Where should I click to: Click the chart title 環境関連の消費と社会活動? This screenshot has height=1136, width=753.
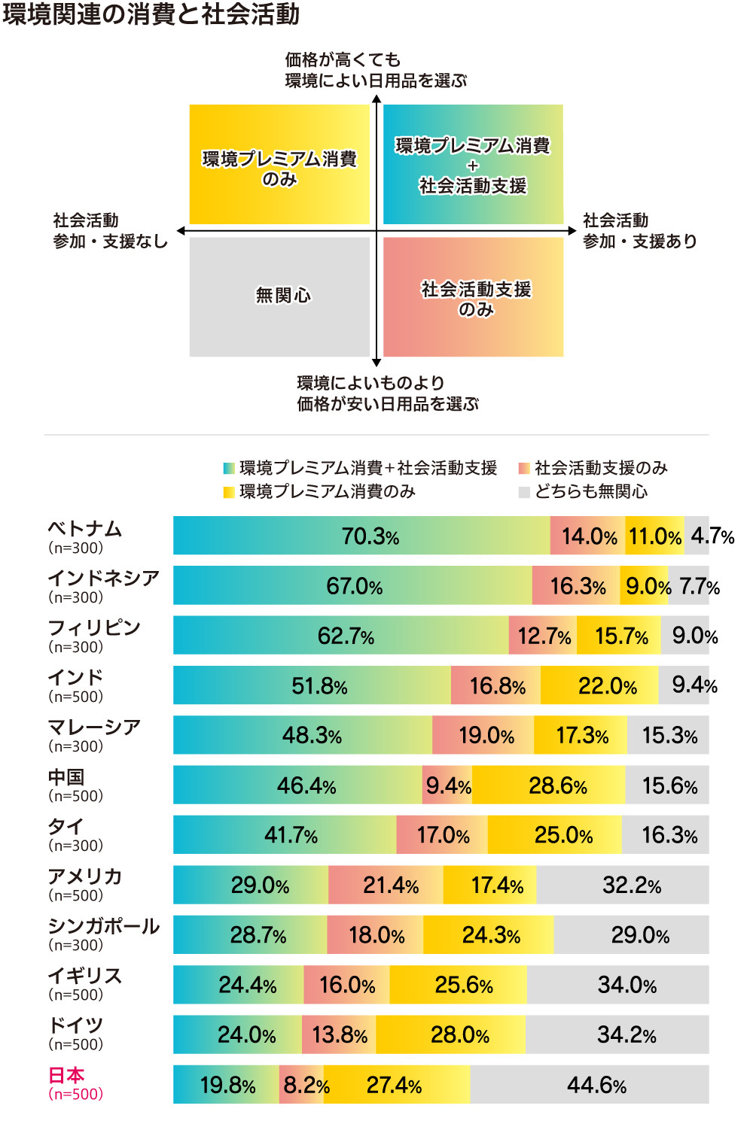click(151, 14)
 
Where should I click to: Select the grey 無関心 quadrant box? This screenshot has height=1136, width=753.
click(279, 296)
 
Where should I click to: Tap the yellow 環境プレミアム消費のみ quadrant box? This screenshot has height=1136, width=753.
click(279, 165)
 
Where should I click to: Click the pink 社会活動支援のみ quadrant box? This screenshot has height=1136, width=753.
click(474, 296)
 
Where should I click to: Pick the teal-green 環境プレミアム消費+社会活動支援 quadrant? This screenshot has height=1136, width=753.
click(474, 165)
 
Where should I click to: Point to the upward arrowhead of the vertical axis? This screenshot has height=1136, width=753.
click(376, 100)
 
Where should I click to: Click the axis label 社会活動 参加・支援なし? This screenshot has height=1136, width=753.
click(110, 231)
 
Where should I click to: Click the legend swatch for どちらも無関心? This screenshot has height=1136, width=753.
click(524, 492)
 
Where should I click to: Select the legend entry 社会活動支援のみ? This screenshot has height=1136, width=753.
click(600, 468)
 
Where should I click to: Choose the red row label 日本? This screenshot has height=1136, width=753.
click(66, 1075)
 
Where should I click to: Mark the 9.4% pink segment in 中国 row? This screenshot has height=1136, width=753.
click(447, 785)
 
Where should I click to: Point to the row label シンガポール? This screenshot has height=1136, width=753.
click(103, 926)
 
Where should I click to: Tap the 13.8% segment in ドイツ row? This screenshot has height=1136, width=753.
click(339, 1034)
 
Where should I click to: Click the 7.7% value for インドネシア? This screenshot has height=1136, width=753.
click(699, 586)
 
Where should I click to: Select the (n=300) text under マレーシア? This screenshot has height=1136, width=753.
click(75, 746)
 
